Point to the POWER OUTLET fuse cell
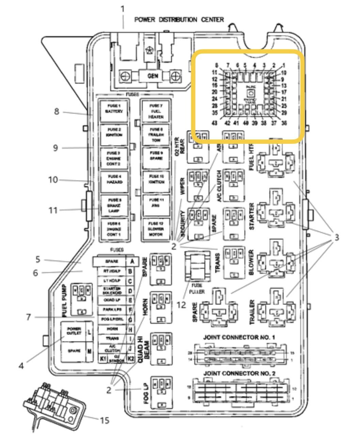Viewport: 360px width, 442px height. (x=73, y=332)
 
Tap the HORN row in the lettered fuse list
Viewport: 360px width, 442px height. (x=112, y=330)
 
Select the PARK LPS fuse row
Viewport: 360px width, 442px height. (x=112, y=309)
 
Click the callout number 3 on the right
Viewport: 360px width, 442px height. (x=336, y=238)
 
